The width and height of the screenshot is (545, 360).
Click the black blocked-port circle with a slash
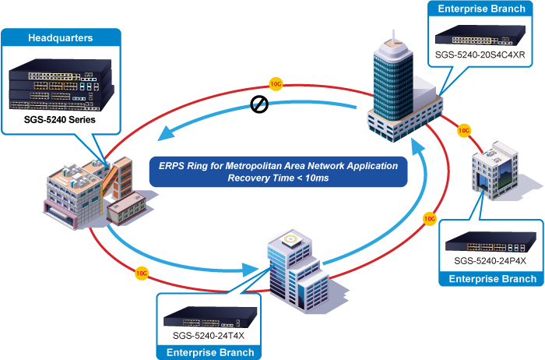point(259,105)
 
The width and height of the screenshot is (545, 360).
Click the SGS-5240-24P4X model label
point(487,259)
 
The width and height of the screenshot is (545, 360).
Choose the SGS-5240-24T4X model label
point(208,336)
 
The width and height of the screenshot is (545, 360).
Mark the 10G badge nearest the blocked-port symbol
point(275,82)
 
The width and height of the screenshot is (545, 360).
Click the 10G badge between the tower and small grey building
point(464,130)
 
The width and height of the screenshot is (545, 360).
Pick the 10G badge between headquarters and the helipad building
point(141,273)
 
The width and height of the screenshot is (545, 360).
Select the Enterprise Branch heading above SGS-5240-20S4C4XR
point(480,9)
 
